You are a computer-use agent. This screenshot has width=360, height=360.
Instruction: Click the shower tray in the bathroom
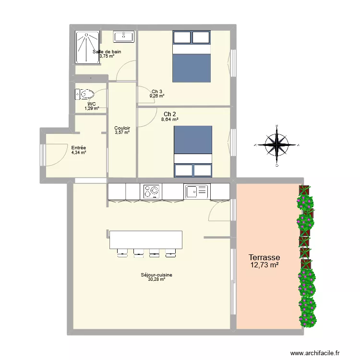[x=87, y=47]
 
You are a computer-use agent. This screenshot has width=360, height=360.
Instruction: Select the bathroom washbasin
[x=124, y=36]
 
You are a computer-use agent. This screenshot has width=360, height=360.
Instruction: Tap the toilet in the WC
[x=84, y=94]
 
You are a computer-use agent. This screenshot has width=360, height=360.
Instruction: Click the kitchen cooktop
[x=151, y=192]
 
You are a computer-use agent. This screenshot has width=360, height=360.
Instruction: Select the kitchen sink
[x=197, y=192]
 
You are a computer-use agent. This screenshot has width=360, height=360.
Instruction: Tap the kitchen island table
[x=146, y=240]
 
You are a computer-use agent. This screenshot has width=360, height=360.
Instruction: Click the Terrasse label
[x=264, y=258]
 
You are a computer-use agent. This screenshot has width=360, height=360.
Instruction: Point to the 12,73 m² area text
[x=264, y=265]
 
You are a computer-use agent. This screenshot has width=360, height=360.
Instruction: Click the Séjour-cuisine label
[x=156, y=275]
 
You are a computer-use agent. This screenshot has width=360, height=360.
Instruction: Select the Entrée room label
[x=78, y=148]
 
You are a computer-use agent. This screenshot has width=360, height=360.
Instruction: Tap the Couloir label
[x=122, y=128]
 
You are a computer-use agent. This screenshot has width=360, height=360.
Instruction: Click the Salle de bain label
[x=107, y=51]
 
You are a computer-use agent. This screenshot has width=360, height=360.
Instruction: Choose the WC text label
[x=92, y=104]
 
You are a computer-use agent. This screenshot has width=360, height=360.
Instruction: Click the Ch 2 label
[x=169, y=114]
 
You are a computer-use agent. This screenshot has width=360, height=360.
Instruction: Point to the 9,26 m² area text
[x=157, y=96]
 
